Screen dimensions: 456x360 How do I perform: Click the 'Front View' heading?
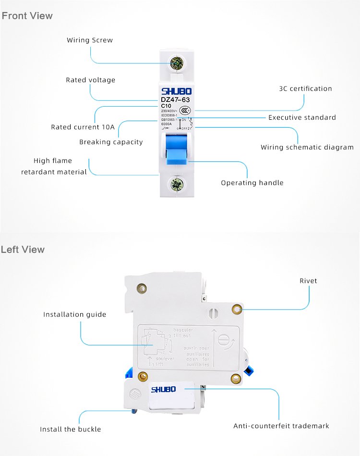pyautogui.click(x=27, y=16)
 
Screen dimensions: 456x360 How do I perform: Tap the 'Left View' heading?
pyautogui.click(x=23, y=249)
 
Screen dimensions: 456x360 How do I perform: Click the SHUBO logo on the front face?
pyautogui.click(x=176, y=91)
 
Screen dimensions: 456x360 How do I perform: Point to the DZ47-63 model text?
pyautogui.click(x=175, y=100)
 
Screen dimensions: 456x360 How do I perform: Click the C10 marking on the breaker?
pyautogui.click(x=166, y=106)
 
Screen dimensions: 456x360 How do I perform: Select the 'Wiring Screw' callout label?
pyautogui.click(x=90, y=40)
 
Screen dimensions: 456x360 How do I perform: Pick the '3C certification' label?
pyautogui.click(x=305, y=89)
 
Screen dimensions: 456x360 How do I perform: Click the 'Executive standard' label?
pyautogui.click(x=302, y=118)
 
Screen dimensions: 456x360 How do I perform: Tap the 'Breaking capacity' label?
pyautogui.click(x=111, y=142)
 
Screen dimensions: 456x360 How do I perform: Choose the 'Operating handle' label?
pyautogui.click(x=252, y=183)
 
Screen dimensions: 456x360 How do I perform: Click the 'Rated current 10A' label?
pyautogui.click(x=83, y=127)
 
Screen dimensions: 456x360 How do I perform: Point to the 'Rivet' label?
pyautogui.click(x=308, y=281)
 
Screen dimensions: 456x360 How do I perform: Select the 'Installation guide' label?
pyautogui.click(x=74, y=315)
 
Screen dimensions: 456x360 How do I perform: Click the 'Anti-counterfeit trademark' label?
pyautogui.click(x=281, y=426)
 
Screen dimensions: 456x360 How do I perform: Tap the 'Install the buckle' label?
pyautogui.click(x=71, y=429)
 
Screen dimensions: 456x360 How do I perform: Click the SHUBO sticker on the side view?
pyautogui.click(x=164, y=389)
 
